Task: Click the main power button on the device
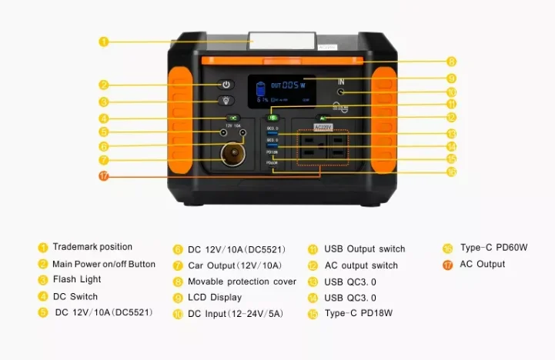tap(226, 85)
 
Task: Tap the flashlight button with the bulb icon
tap(226, 101)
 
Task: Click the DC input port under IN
tap(340, 93)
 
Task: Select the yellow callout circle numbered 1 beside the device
tap(104, 42)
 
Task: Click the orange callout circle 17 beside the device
tap(103, 176)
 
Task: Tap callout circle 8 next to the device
tap(451, 61)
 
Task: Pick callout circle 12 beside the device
tap(451, 117)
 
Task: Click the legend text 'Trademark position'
tap(92, 247)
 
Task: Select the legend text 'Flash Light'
tap(77, 280)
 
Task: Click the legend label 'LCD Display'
tap(215, 298)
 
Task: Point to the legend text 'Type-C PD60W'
tap(494, 248)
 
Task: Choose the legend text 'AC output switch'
tap(361, 265)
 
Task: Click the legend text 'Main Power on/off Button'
tap(104, 264)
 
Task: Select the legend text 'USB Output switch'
tap(364, 248)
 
